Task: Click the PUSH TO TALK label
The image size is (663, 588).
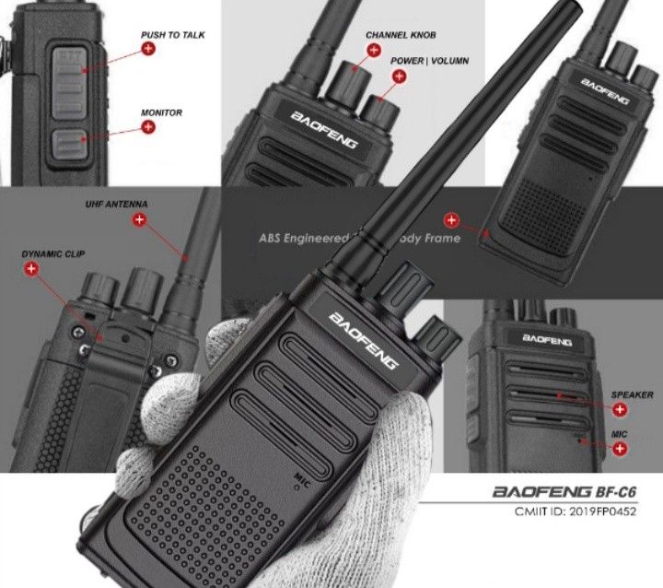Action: (x=173, y=35)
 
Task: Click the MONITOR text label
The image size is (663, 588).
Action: (x=161, y=112)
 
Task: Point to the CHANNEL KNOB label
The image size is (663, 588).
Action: (x=401, y=35)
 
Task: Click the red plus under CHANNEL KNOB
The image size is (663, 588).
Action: (x=376, y=49)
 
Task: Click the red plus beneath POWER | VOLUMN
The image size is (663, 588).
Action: (x=400, y=76)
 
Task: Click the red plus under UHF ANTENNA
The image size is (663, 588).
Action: (x=140, y=219)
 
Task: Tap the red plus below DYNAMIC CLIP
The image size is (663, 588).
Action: (x=31, y=268)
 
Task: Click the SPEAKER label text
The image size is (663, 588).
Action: (x=632, y=394)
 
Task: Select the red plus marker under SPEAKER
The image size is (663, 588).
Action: (x=620, y=409)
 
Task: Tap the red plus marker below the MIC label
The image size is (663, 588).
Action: (x=620, y=448)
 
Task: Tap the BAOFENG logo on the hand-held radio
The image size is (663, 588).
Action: (x=363, y=339)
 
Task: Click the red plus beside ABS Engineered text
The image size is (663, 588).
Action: (x=451, y=219)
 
